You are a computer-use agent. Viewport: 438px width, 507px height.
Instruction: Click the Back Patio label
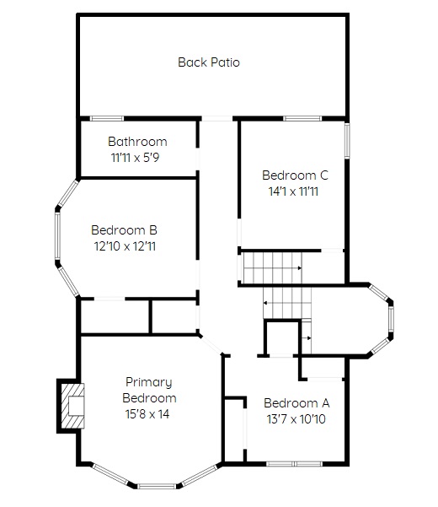(x=209, y=62)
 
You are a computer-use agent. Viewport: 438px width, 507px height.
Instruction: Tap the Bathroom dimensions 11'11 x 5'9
(x=136, y=158)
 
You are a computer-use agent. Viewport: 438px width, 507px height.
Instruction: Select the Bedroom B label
(x=125, y=230)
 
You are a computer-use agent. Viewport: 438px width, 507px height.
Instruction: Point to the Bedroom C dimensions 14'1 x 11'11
(x=293, y=191)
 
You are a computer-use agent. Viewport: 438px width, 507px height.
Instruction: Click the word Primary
(x=149, y=382)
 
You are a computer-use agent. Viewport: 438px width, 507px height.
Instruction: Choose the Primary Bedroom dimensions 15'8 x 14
(x=147, y=414)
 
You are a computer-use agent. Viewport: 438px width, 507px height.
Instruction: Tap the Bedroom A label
(x=296, y=403)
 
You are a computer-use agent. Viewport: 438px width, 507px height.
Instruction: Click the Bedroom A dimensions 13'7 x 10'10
(x=296, y=419)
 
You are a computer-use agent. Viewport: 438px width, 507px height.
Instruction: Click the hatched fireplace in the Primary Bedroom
(x=73, y=406)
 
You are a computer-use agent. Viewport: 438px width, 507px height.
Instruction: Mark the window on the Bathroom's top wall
(x=106, y=119)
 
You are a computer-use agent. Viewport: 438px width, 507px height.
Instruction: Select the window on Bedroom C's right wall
(x=347, y=140)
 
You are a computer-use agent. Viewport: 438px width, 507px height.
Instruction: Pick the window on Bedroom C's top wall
(x=302, y=119)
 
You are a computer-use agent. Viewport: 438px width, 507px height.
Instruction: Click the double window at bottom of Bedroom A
(x=294, y=464)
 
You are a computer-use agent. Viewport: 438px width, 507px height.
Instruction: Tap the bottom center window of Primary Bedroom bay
(x=158, y=486)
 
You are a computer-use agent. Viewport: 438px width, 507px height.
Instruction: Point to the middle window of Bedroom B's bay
(x=58, y=235)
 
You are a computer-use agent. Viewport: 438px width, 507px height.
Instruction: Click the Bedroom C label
(x=295, y=175)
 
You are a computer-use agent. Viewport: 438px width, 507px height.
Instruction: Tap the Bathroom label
(x=137, y=142)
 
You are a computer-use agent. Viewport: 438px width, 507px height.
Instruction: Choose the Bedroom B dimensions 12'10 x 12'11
(x=125, y=246)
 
